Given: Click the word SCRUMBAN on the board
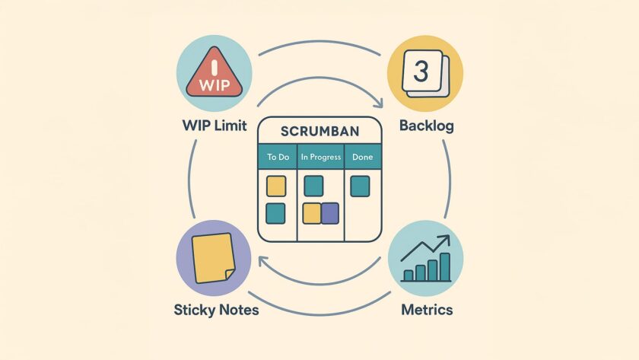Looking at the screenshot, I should click(320, 131).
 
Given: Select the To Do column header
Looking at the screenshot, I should click(276, 158).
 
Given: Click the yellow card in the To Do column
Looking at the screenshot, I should click(276, 186).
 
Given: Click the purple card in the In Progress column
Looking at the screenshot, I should click(330, 214).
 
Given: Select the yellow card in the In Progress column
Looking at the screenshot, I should click(312, 214).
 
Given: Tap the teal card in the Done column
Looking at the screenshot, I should click(359, 186).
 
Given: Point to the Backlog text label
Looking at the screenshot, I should click(426, 126).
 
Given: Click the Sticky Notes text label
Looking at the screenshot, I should click(216, 310).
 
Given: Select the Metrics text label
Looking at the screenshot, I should click(426, 310).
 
